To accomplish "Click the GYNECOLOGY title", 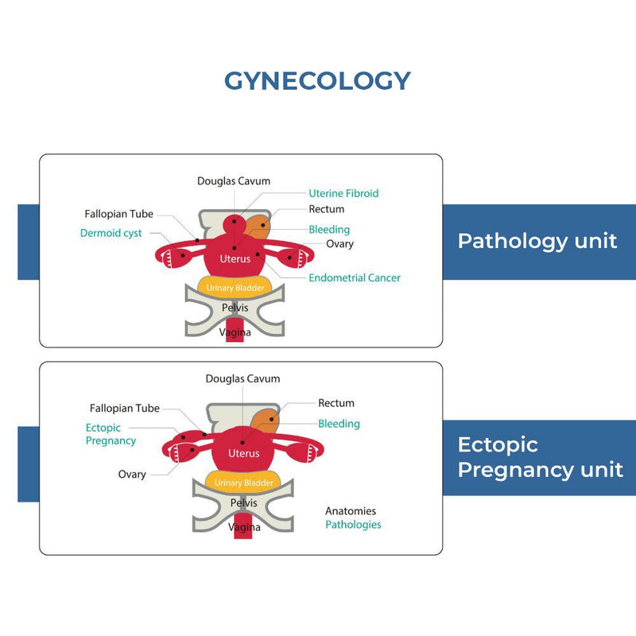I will [x=317, y=80].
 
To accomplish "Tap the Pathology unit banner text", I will [x=537, y=241].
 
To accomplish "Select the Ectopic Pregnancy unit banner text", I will [x=540, y=457].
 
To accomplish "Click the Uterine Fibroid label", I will [x=343, y=193].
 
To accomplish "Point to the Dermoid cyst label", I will [x=111, y=234].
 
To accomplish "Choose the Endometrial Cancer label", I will [x=355, y=278].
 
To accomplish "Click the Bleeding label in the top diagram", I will [x=329, y=230].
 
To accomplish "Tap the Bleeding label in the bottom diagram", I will [x=339, y=424].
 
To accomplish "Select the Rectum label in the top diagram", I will [x=327, y=209].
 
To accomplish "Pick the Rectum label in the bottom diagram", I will [x=336, y=403].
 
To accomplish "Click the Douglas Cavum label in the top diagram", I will [x=234, y=181].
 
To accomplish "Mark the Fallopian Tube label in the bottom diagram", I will [x=125, y=408].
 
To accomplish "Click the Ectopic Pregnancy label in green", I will [x=111, y=434].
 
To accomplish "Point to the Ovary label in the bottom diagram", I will [x=132, y=475].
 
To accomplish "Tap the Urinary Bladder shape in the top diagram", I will [x=236, y=288].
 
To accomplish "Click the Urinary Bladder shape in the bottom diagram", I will [x=244, y=482].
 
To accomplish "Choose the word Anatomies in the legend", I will [x=351, y=511].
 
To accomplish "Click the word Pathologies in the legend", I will [x=353, y=525].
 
